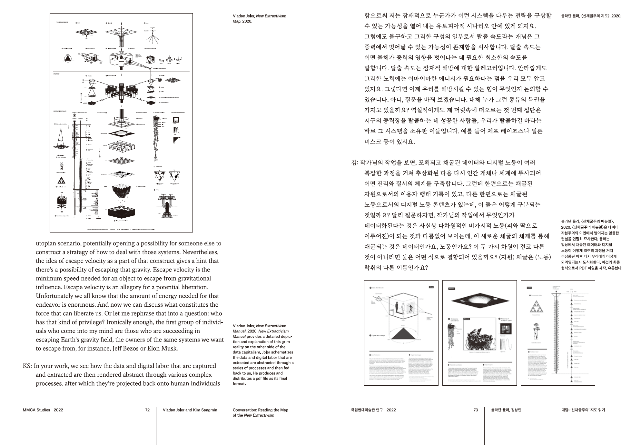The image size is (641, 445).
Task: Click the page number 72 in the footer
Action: click(147, 410)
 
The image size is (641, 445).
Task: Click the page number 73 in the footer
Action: click(476, 410)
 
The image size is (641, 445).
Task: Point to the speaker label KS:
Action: click(27, 366)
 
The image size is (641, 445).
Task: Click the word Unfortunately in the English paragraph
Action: click(56, 296)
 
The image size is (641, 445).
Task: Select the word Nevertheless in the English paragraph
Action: click(198, 252)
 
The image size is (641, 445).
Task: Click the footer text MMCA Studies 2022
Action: click(43, 410)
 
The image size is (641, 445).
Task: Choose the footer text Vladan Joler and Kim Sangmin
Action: click(190, 410)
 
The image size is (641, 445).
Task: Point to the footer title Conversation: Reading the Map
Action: click(260, 410)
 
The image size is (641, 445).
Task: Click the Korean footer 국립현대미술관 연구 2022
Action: click(373, 410)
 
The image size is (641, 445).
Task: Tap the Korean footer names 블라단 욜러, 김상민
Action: click(506, 410)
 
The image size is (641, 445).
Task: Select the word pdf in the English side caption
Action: click(269, 379)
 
